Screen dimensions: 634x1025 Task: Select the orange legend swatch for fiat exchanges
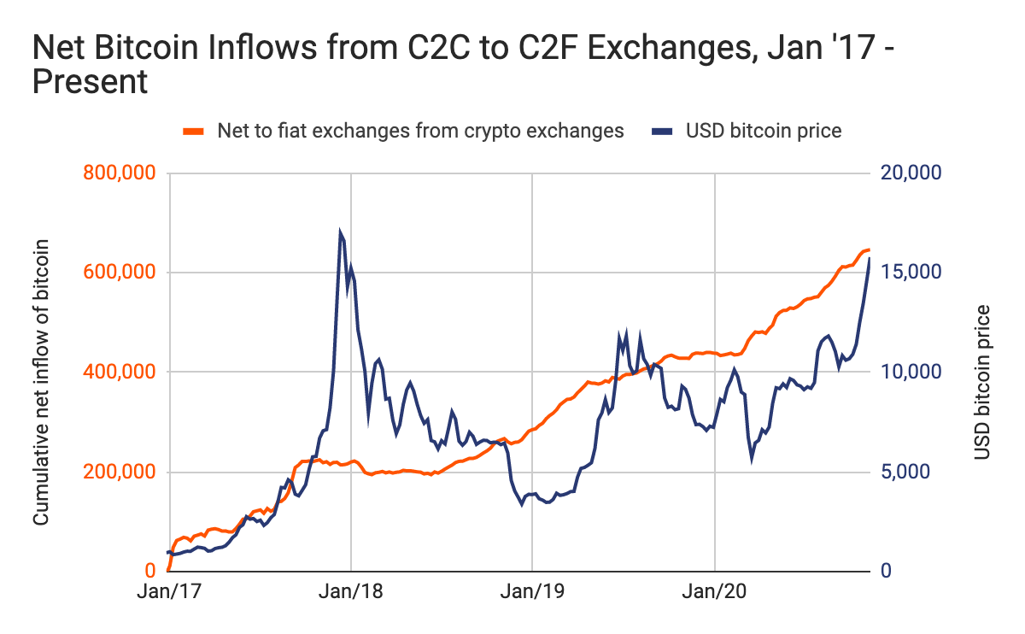pos(194,131)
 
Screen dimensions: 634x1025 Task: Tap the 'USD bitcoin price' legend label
pos(764,131)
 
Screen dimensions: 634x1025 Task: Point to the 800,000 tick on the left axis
pos(120,173)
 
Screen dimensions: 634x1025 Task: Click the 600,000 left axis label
pos(120,273)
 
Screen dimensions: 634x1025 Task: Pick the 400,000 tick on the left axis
pos(120,373)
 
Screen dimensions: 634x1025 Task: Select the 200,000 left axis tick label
pos(120,472)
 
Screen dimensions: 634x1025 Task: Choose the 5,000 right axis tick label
pos(905,472)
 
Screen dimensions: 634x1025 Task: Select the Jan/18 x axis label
pos(351,592)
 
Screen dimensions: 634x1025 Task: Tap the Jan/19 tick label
pos(532,592)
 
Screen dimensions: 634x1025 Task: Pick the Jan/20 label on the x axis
pos(714,592)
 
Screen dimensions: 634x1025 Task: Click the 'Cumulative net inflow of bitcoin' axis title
pos(40,382)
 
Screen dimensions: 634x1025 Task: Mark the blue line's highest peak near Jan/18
pos(340,232)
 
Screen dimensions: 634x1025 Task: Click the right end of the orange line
pos(869,249)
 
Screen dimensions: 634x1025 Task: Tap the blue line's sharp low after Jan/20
pos(752,459)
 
